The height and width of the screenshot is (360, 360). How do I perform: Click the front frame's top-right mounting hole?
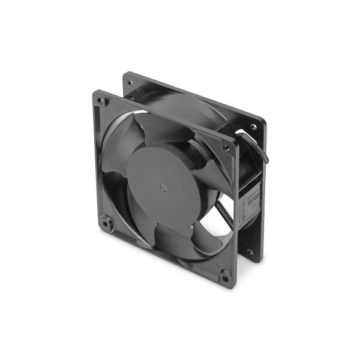click(x=226, y=147)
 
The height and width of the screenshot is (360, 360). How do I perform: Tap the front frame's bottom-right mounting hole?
click(x=225, y=277)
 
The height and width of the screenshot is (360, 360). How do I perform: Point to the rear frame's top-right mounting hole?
click(x=254, y=127)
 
